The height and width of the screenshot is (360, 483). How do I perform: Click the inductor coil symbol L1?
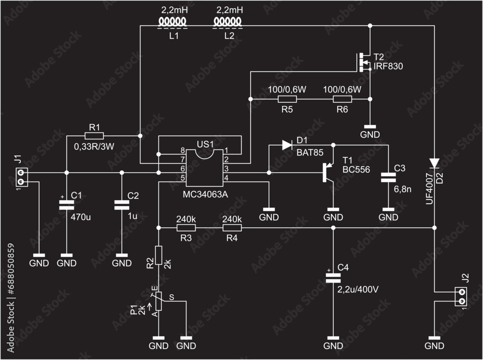point(173,22)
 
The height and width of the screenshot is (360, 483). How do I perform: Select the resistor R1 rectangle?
point(94,136)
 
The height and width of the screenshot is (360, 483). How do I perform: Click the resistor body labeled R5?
point(287,99)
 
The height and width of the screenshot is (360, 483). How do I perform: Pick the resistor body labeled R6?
point(342,99)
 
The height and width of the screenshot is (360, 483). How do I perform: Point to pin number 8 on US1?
point(183,151)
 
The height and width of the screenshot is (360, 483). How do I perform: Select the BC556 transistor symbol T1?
point(329,172)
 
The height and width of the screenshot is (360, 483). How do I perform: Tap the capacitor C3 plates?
point(388,177)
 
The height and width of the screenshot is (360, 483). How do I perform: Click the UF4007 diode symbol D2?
point(434,163)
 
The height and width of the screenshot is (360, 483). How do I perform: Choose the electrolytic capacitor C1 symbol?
point(67,205)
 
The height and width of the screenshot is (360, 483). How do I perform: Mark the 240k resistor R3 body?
point(186,227)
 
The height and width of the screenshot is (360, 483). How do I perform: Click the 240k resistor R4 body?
point(232,227)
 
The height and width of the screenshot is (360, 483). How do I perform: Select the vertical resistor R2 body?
point(158,254)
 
